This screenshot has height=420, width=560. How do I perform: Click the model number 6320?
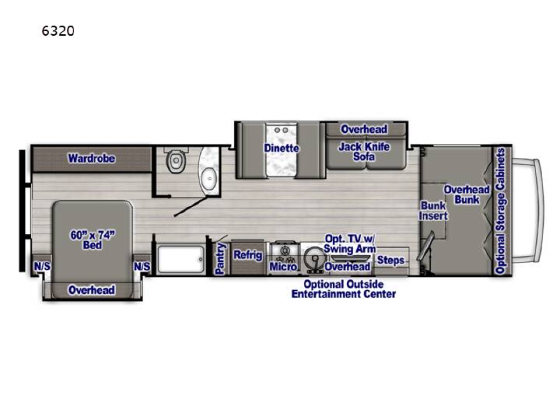[58, 31]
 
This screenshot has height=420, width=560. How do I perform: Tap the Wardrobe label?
[92, 158]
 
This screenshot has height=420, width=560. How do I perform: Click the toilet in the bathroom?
[176, 161]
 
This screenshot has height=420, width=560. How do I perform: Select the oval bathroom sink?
[208, 179]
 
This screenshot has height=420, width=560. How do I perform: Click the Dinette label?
[282, 148]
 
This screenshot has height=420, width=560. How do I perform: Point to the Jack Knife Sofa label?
[364, 152]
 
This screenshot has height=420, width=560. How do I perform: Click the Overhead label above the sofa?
[364, 129]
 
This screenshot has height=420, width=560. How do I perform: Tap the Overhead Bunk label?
[467, 194]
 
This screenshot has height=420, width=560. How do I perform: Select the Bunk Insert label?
[433, 211]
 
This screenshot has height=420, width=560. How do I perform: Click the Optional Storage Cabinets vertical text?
[500, 211]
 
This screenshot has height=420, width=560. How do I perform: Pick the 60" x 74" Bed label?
[93, 240]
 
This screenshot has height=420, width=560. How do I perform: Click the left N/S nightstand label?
[42, 267]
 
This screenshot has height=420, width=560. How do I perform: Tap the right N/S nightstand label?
[142, 267]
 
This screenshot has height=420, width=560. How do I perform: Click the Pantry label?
[220, 258]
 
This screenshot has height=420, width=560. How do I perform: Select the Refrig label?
[248, 255]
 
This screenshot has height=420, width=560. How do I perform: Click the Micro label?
[283, 267]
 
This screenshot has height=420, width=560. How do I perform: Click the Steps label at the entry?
[390, 260]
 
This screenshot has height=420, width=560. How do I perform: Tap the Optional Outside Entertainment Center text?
[344, 289]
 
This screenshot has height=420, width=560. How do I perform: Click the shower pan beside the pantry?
[180, 259]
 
